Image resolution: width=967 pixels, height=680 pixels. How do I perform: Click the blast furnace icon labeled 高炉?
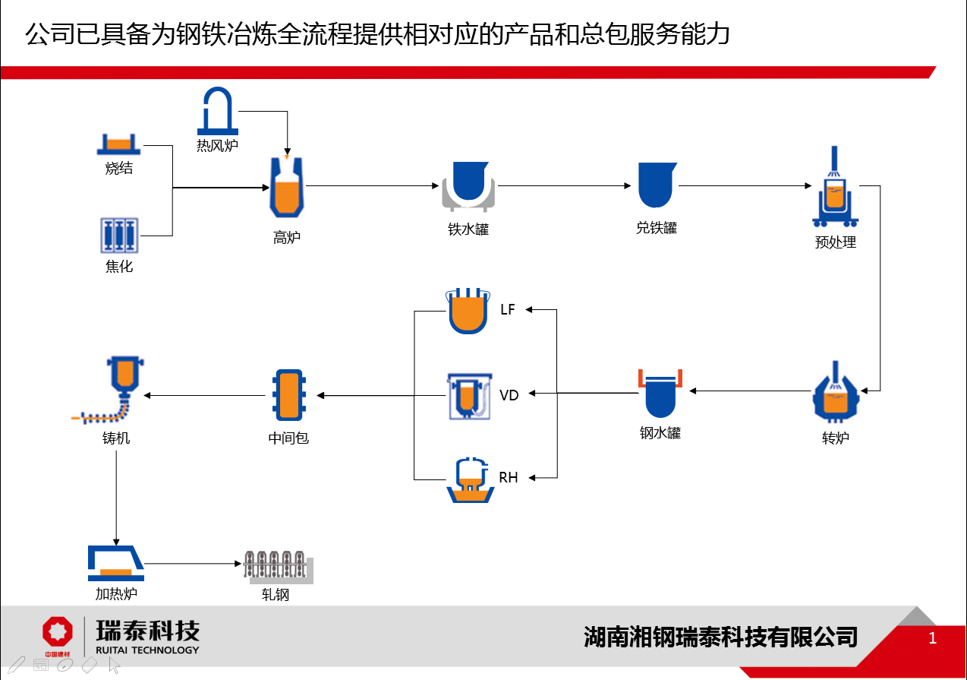click(x=287, y=188)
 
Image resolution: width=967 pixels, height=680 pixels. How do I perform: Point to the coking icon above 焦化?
click(x=120, y=236)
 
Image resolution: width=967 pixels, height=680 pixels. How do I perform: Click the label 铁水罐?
click(x=468, y=229)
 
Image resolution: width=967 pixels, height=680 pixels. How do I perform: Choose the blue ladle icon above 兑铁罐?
click(x=657, y=185)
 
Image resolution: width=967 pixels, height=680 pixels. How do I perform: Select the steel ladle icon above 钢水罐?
click(x=660, y=392)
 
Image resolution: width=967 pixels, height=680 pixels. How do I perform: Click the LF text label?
click(x=508, y=310)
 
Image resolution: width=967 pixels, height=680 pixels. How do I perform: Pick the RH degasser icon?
click(x=471, y=480)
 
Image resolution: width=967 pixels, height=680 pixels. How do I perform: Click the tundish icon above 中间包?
click(x=288, y=395)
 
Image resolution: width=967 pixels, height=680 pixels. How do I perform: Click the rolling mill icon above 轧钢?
click(x=278, y=567)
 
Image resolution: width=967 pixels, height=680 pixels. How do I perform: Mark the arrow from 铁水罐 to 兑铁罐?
click(x=565, y=185)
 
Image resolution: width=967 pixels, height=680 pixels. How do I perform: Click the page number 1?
click(x=933, y=638)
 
